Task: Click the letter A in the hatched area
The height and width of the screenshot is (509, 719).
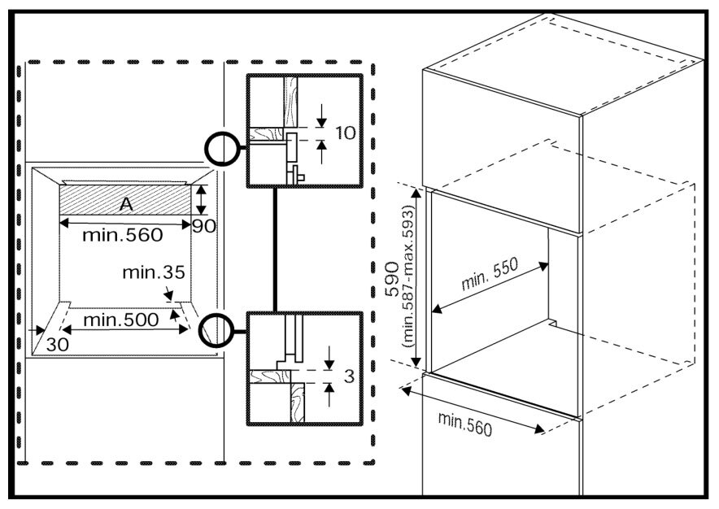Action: coord(126,204)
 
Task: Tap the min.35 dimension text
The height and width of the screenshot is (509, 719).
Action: coord(154,272)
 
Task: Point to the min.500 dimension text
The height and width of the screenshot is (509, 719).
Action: coord(121,320)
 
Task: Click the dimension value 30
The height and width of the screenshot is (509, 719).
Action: coord(57,345)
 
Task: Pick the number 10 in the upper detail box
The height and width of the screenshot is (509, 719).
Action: coord(346,133)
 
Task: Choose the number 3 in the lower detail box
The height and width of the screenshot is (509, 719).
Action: coord(349,376)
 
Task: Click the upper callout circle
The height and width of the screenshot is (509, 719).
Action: coord(222,148)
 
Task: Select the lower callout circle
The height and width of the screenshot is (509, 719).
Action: coord(217,330)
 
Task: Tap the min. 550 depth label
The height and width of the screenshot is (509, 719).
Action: coord(490,274)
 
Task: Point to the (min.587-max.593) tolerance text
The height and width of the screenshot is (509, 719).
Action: coord(407,276)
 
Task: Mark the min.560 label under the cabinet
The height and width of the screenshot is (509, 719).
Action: coord(465,424)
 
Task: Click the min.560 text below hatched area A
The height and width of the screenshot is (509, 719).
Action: coord(123,235)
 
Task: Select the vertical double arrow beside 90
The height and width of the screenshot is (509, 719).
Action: coord(201,200)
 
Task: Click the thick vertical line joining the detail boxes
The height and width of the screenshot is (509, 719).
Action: coord(275,250)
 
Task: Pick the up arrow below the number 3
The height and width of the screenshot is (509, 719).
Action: coord(329,395)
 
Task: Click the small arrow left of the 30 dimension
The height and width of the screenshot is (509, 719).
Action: coord(37,330)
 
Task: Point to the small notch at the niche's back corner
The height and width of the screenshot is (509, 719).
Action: coord(552,323)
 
